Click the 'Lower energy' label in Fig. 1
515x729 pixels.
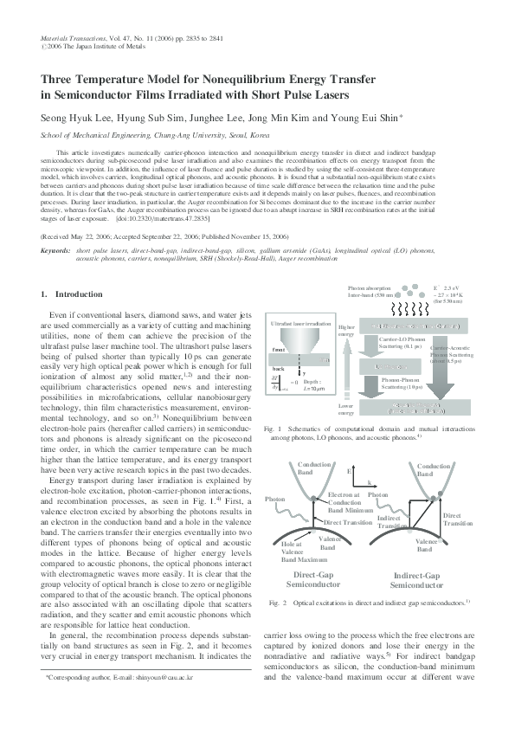click(345, 409)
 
